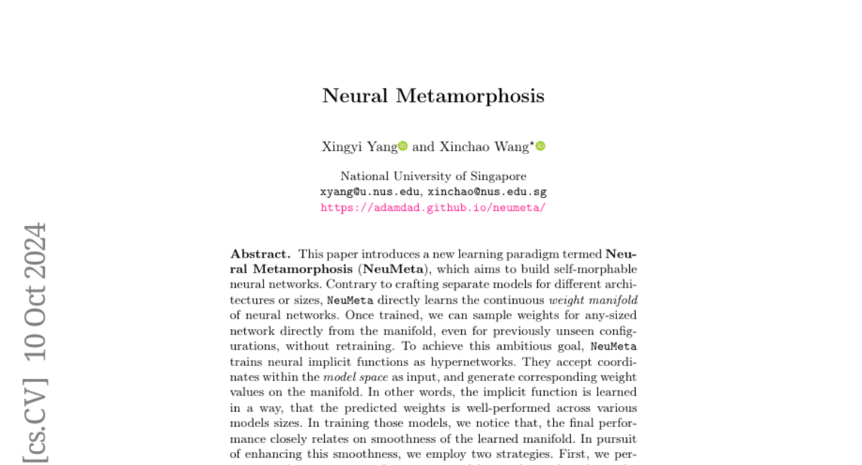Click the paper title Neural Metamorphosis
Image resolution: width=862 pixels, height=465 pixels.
coord(433,96)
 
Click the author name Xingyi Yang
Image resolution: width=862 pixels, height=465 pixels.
coord(359,146)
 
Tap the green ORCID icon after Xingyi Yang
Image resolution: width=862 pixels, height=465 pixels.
coord(403,146)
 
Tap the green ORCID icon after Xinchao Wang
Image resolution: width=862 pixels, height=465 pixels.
coord(541,146)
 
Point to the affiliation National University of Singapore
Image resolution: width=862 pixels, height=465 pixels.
coord(433,177)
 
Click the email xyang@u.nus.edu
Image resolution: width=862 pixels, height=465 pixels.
coord(371,192)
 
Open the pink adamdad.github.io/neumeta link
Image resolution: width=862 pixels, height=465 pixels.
coord(433,207)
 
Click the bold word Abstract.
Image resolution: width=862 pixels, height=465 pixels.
coord(260,254)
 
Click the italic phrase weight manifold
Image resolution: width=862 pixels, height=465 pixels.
coord(593,300)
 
